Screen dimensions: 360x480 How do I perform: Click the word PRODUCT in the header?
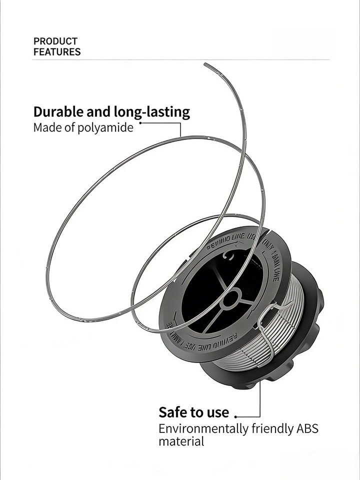click(x=55, y=41)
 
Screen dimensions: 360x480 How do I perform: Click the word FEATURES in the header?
click(x=57, y=51)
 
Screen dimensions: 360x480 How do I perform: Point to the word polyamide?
click(x=106, y=127)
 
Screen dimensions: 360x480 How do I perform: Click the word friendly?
click(x=270, y=429)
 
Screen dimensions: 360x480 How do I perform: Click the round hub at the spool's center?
click(x=230, y=299)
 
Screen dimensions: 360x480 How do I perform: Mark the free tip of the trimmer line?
click(x=205, y=63)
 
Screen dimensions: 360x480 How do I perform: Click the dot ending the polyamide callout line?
click(x=140, y=122)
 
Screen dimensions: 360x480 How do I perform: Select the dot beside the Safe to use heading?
click(x=235, y=416)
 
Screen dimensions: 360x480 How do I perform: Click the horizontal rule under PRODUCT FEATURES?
click(x=180, y=60)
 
